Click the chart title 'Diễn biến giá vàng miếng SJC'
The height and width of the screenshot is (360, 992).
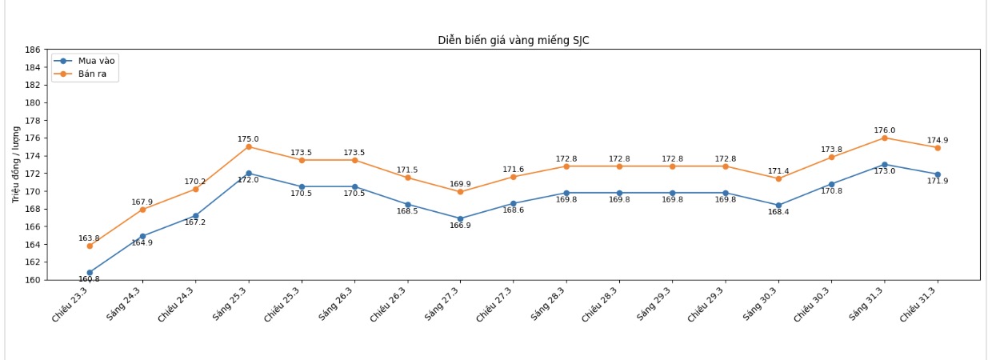click(513, 40)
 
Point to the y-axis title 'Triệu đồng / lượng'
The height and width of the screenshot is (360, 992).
click(15, 164)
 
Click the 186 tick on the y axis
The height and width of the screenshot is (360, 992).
click(33, 50)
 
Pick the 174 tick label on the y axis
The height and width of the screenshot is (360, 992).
click(33, 156)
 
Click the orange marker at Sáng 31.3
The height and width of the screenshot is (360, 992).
click(884, 138)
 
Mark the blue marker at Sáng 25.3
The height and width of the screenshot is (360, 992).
click(248, 173)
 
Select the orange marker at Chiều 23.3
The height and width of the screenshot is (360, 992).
click(90, 246)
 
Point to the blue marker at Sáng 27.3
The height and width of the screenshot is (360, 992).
click(460, 218)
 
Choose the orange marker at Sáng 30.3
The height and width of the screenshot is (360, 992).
click(778, 178)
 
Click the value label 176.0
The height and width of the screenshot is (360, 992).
click(884, 130)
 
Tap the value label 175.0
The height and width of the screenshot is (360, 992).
click(248, 139)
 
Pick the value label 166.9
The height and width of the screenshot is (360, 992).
click(460, 226)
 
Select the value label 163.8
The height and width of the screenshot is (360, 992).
click(89, 238)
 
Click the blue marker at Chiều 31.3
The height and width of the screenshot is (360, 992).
click(938, 174)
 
